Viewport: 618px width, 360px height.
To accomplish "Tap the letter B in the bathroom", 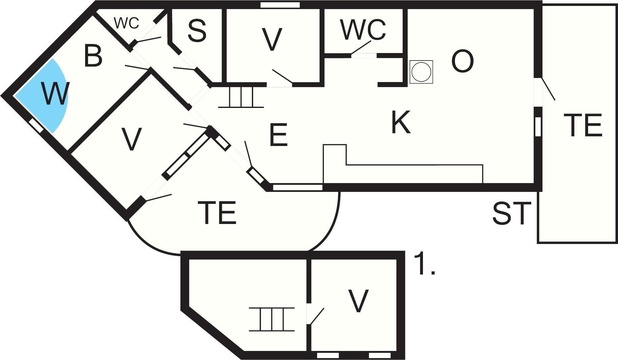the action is coord(93,56).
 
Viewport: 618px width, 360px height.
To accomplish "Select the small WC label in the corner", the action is coord(126,23).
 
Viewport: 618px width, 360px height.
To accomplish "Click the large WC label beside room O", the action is coord(363,30).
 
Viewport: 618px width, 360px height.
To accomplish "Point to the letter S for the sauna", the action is coord(197,31).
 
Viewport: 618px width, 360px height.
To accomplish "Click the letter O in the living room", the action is coord(463,61).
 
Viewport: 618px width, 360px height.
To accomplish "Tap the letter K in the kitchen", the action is coord(401,122).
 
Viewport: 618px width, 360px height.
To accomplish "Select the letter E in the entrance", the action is coord(278,135).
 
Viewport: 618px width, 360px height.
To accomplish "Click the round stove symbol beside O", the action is coord(421,72).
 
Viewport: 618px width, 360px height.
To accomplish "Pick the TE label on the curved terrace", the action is coord(217,213).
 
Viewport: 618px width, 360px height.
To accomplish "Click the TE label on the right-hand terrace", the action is coord(583,125).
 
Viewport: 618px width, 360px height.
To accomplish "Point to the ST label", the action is coord(512,213).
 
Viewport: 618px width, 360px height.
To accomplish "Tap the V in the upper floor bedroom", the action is coord(358,301).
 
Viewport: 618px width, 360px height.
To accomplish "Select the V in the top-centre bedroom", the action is coord(272,39).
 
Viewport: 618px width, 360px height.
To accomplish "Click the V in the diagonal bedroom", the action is coord(131,139).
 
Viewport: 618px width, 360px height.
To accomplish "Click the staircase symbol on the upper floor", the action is coord(272,319).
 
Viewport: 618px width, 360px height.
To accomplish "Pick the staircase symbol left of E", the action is coord(241,97).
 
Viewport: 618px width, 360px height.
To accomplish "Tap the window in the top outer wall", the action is coord(280,5).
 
